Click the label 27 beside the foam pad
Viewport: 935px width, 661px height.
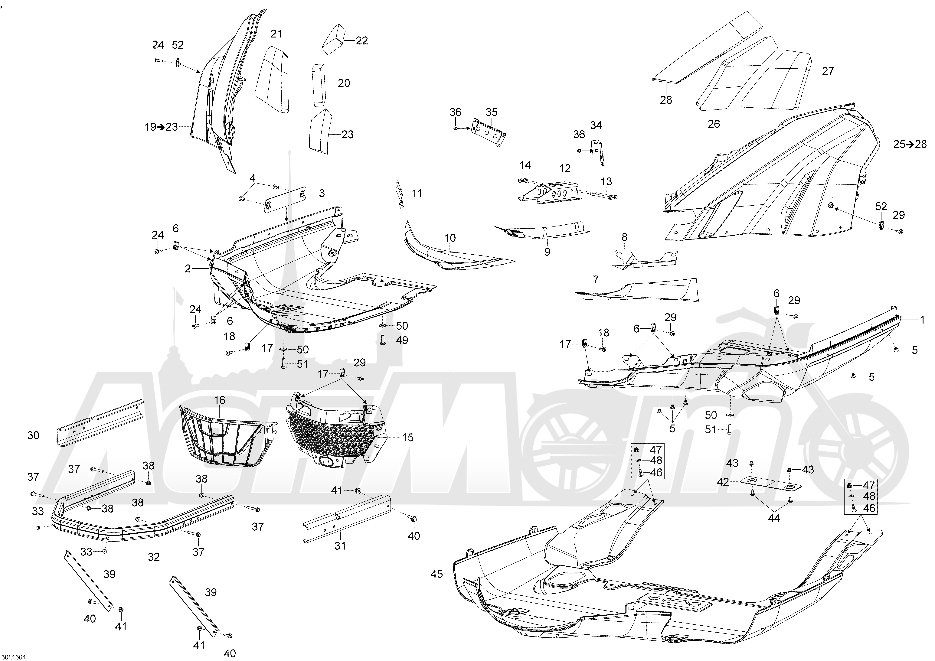(828, 71)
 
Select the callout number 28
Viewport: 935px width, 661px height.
(666, 100)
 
